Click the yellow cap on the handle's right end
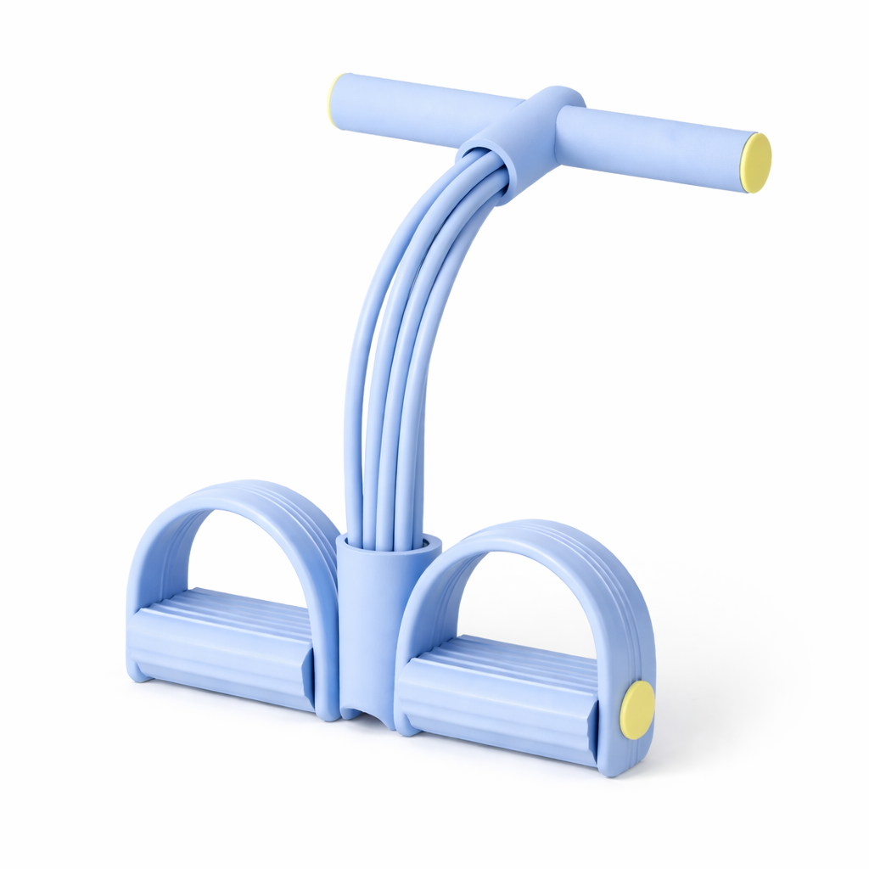(757, 163)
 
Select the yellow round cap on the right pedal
(637, 709)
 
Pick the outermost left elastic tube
(356, 382)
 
